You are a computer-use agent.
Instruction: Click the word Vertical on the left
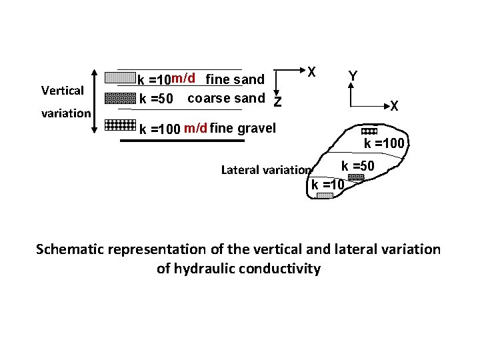click(62, 90)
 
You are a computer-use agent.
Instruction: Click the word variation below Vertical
click(66, 113)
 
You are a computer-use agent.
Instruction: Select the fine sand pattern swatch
click(120, 77)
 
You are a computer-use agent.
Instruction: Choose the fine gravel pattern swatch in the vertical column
click(121, 125)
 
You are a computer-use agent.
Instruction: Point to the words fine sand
click(235, 80)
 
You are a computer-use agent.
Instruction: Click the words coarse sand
click(227, 99)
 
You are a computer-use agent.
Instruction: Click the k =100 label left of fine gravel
click(159, 129)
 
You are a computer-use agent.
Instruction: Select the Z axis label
click(278, 101)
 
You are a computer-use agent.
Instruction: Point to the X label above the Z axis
click(311, 71)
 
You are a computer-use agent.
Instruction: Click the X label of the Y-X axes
click(395, 106)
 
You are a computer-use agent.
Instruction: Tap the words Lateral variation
click(266, 169)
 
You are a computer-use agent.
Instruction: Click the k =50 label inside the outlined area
click(358, 165)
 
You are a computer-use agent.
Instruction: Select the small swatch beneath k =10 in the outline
click(325, 196)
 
